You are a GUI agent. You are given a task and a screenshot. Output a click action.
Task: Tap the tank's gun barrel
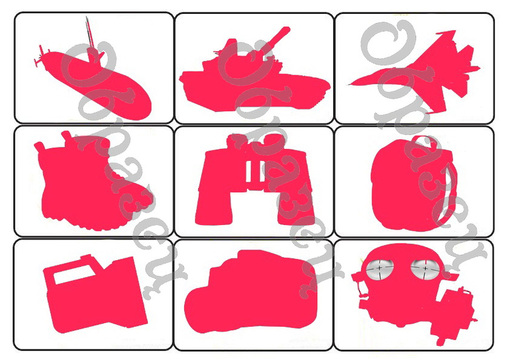(276, 38)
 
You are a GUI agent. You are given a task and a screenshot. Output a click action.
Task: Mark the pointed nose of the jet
(350, 85)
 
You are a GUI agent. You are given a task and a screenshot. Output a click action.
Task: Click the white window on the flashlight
(74, 275)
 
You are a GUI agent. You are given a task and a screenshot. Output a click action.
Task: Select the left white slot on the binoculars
(249, 171)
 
